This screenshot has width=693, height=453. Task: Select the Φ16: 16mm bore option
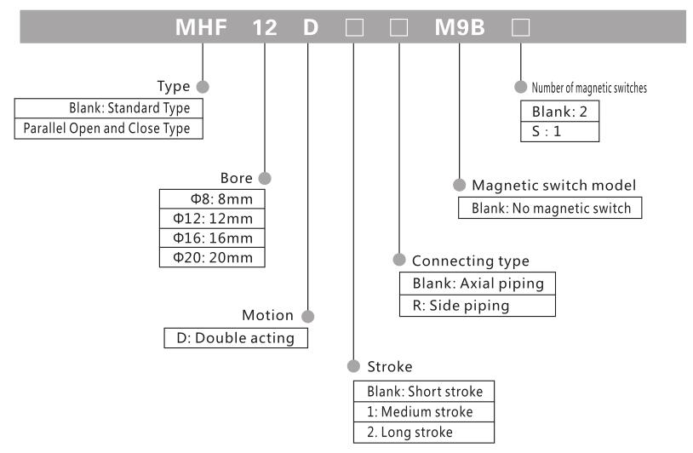point(213,238)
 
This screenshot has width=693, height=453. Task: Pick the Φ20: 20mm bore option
point(213,257)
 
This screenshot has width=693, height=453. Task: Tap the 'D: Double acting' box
point(236,338)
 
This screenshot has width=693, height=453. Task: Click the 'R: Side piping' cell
point(478,305)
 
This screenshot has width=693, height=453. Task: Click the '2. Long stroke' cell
point(423,433)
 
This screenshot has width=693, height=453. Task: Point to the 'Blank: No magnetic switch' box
point(550,208)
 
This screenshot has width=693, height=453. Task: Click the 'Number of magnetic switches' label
point(589,88)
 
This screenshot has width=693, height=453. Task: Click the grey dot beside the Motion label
point(308,316)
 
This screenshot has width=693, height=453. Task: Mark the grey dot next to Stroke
point(352,367)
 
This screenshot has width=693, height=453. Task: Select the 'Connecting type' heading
point(470,261)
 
